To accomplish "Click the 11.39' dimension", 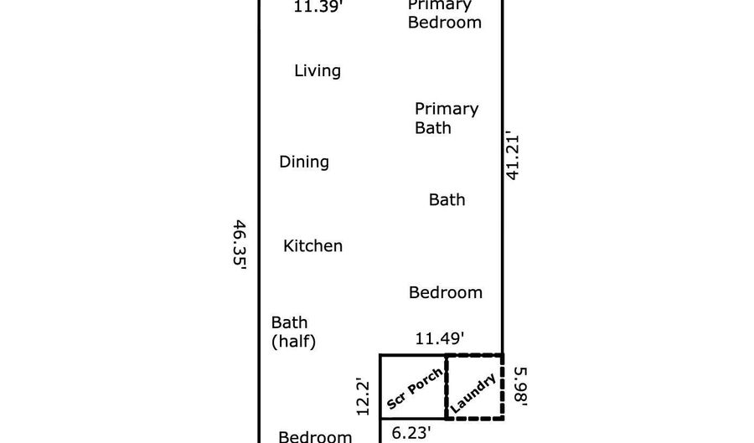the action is coord(318,7).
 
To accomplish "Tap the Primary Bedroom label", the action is coord(444,15).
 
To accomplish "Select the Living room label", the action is coord(318,70).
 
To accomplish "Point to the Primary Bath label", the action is coord(447,118).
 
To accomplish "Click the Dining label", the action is coord(304,162).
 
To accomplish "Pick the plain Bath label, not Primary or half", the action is coord(447,199).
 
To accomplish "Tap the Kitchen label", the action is coord(312,245).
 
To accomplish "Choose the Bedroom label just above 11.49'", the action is coord(446,292).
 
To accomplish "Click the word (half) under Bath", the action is coord(293,342).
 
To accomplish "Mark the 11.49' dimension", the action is coord(440,338).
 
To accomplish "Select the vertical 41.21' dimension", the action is coord(513,157).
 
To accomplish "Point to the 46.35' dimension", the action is coord(240,245).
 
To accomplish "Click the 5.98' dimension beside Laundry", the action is coord(521,386).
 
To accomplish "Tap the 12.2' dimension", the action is coord(363,397).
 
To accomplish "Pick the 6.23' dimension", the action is coord(411,433).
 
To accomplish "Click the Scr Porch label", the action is coord(414,389).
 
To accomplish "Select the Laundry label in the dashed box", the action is coord(473,393).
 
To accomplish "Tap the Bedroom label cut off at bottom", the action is coord(315,436).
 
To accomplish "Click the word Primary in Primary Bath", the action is coord(447,110).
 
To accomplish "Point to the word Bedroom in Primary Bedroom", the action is coord(444,23).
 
